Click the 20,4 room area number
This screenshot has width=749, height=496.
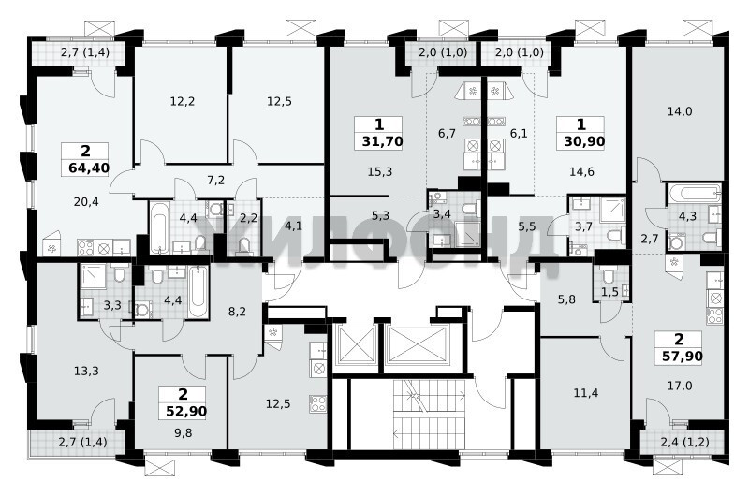pos(86,202)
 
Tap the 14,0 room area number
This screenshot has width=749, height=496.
pos(680,111)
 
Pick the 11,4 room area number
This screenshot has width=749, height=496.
pos(586,393)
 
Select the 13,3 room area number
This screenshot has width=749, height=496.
pos(86,371)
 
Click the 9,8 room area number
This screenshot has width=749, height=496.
pos(183,433)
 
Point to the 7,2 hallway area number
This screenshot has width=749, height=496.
pos(216,180)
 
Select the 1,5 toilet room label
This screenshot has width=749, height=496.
pos(610,293)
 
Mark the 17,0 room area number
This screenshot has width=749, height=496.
pos(680,386)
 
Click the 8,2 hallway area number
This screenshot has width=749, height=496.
pos(237,312)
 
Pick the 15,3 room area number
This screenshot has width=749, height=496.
pos(380,171)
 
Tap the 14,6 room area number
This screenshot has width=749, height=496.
pos(581,171)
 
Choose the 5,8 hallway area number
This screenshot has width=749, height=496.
pos(566,299)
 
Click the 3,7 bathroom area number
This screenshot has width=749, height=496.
pos(583,226)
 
